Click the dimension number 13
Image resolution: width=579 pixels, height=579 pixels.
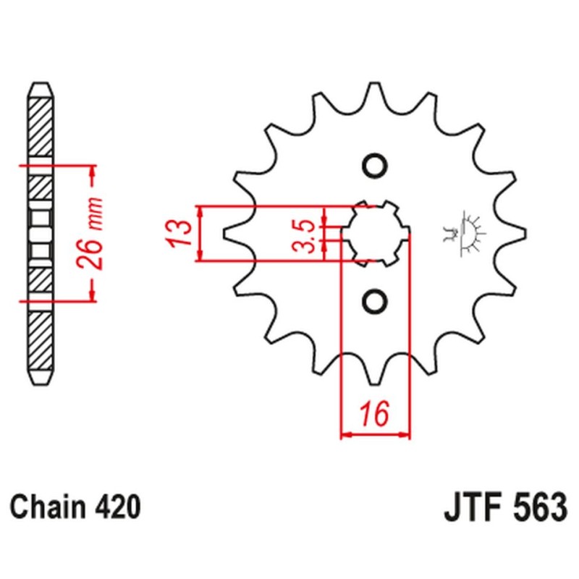click(x=181, y=232)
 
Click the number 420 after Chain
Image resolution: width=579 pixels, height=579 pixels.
click(x=116, y=507)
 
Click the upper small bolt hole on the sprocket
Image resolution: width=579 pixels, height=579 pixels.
click(x=375, y=166)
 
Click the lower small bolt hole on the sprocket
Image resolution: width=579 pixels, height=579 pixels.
click(x=375, y=300)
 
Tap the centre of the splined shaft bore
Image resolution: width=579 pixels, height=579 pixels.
click(x=375, y=232)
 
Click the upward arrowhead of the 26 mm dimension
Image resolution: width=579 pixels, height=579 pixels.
click(x=92, y=171)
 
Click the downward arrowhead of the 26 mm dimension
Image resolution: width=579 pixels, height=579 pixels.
click(x=92, y=295)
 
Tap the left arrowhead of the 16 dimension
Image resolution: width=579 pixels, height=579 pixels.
click(x=345, y=436)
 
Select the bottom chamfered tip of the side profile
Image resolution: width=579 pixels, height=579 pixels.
click(x=41, y=380)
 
